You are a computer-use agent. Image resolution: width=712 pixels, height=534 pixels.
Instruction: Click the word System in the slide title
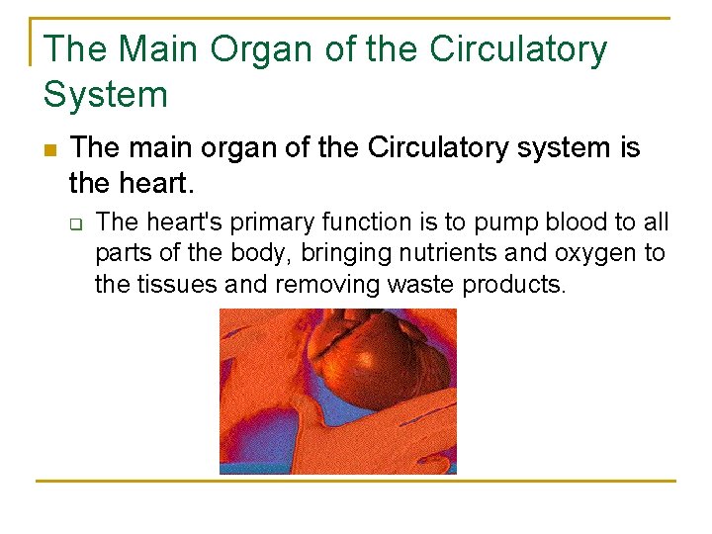[106, 95]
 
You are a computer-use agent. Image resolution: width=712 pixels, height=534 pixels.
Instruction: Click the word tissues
[172, 286]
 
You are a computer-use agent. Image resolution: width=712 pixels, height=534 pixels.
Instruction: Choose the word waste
[421, 286]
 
